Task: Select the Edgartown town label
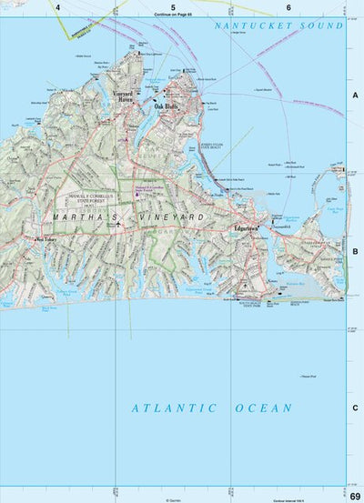247,227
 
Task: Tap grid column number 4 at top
57,7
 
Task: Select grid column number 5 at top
173,7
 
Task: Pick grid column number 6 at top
288,7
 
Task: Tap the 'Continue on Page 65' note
173,15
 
